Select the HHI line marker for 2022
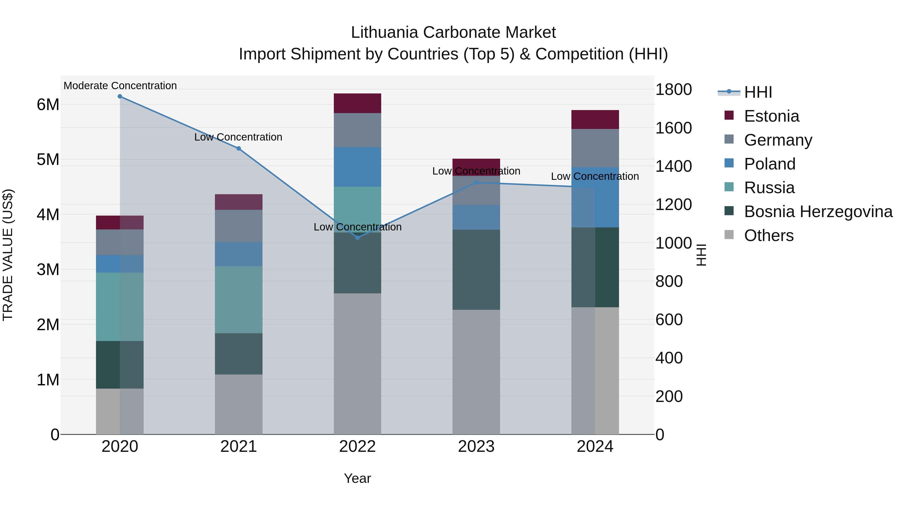(x=357, y=237)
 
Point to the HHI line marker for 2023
(x=476, y=183)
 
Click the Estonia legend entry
(x=771, y=116)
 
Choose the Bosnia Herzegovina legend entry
(x=818, y=212)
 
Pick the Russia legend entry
(x=769, y=188)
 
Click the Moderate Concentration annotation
(x=120, y=86)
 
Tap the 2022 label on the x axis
(x=357, y=447)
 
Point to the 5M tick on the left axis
(x=48, y=159)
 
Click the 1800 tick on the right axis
(x=673, y=89)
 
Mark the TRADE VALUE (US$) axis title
(x=8, y=255)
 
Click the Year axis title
(x=357, y=478)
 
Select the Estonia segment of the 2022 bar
(x=357, y=103)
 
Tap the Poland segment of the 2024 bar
(x=595, y=197)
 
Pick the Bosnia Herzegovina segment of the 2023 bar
(x=476, y=269)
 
